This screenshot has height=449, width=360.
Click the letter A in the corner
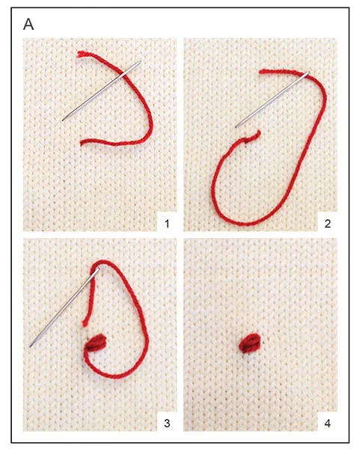28,25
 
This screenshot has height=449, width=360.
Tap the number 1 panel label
167,223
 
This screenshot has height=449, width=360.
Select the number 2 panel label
328,223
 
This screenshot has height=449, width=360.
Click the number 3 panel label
167,423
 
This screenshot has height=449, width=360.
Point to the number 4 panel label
328,423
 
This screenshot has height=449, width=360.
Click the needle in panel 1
101,91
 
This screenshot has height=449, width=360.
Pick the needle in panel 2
272,100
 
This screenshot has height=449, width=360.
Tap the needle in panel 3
64,308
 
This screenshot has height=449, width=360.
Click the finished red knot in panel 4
250,343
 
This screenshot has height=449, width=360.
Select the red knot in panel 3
97,343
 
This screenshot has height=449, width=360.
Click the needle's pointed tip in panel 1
62,120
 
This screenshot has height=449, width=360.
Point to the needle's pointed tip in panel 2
236,127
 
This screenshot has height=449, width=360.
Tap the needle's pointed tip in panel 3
30,347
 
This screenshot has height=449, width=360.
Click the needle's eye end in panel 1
141,61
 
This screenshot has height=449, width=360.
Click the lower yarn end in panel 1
82,143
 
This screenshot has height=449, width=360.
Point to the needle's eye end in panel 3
99,269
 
